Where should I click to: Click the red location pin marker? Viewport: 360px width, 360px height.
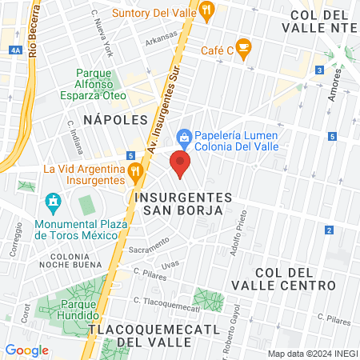tap(180, 166)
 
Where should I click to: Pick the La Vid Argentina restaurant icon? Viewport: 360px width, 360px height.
tap(135, 170)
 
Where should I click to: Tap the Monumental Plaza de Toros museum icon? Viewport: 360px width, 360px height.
tap(54, 200)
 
